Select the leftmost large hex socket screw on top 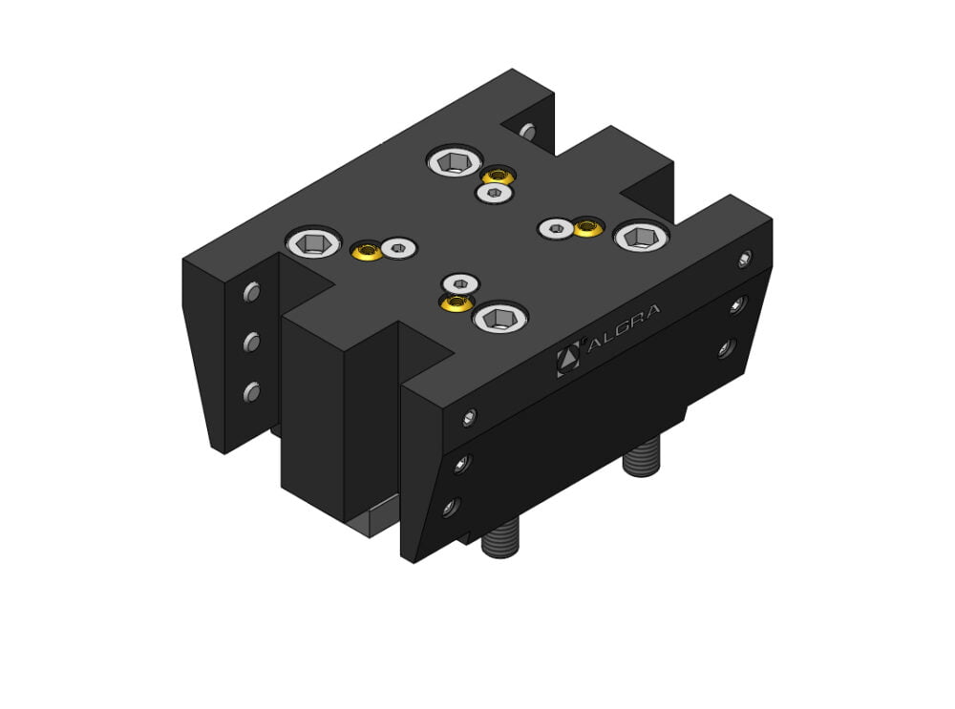316,243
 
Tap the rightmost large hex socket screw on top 641,236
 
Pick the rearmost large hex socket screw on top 454,161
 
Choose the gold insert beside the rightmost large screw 588,228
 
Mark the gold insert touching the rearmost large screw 497,176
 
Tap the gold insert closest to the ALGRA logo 456,302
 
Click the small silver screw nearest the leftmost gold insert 398,249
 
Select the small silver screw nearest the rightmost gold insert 555,227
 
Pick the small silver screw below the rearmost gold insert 492,194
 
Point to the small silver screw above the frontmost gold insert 462,282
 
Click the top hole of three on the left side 252,292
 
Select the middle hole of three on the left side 252,341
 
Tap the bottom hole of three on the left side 252,390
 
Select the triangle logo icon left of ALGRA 568,358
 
